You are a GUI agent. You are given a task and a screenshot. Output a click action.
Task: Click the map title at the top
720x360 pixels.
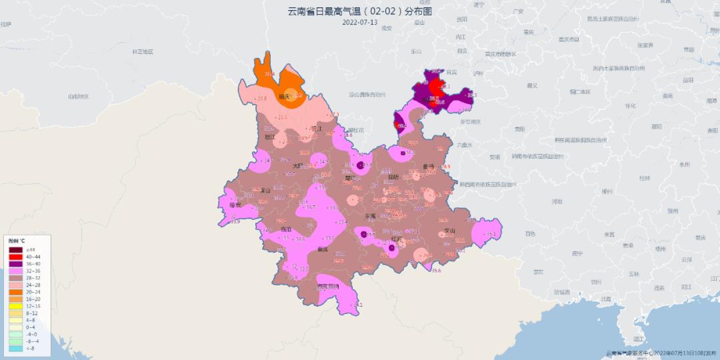pos(359,11)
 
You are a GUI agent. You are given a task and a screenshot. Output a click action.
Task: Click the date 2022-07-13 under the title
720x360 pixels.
pos(359,22)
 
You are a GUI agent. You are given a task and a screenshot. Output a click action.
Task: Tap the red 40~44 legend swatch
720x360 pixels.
pos(15,256)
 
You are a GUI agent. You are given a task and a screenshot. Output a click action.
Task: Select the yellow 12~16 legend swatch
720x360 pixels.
pos(15,306)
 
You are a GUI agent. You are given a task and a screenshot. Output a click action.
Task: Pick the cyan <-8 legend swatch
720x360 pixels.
pos(15,348)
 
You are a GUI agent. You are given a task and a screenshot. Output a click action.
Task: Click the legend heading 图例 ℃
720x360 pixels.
pos(17,240)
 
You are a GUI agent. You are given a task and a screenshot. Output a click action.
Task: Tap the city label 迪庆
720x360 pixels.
pos(283,97)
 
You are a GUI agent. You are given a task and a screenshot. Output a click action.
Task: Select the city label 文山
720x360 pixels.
pos(449,231)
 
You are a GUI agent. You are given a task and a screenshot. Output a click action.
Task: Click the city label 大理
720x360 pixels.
pos(297,166)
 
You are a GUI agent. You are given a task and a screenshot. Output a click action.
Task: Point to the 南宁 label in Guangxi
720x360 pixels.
pos(577,253)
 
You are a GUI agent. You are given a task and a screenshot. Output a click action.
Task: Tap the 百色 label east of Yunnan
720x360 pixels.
pos(530,234)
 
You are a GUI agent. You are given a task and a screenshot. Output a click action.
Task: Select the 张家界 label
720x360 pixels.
pos(645,45)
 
